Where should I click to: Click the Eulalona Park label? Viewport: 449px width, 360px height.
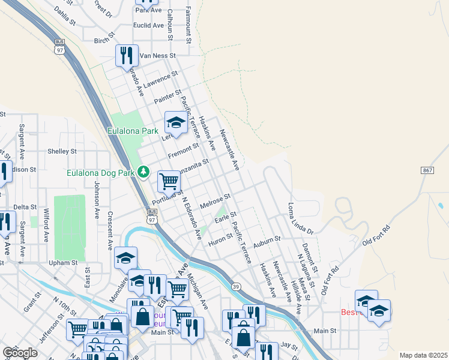coord(133,130)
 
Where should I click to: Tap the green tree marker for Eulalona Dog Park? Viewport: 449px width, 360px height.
coord(143,172)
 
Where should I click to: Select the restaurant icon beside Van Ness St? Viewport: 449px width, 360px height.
coord(127,55)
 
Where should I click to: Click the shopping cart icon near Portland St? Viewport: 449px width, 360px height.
coord(169,180)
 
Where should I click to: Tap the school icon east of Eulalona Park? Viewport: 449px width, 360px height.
coord(175,122)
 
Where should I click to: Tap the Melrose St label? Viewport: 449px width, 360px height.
coord(215,201)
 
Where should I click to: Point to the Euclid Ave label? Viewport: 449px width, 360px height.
coord(149,26)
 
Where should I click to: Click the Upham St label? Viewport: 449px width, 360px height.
coord(63,263)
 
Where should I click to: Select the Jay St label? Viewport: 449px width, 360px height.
coord(289,346)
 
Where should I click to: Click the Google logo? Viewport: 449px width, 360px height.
coord(20,353)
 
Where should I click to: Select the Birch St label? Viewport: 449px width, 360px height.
coord(104,40)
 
